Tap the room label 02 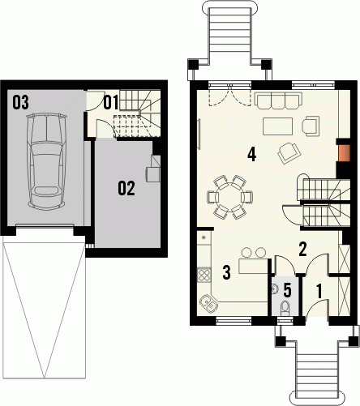pos(126,188)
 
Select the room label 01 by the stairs pos(111,102)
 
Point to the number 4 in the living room pos(252,155)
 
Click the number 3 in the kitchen pos(226,271)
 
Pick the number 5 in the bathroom pos(287,290)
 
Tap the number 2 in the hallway pos(302,249)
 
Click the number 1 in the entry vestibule pos(319,291)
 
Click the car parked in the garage pos(46,161)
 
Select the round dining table pos(229,197)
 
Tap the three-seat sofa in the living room pos(278,100)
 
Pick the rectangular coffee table pos(278,126)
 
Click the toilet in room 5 pos(285,308)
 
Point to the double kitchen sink pos(209,303)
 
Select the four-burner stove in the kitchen pos(204,275)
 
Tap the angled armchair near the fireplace pos(289,153)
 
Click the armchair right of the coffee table pos(311,125)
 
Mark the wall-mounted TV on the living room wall pos(199,134)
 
